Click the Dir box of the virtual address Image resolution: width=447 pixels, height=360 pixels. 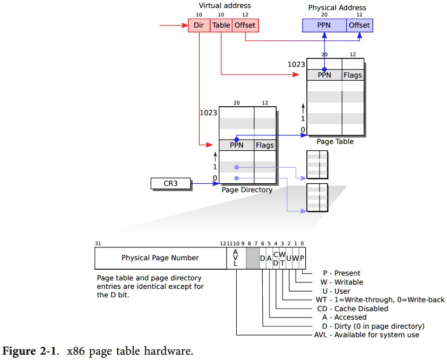pyautogui.click(x=199, y=25)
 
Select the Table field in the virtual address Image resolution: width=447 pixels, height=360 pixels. pyautogui.click(x=221, y=25)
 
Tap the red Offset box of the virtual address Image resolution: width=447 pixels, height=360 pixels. pyautogui.click(x=245, y=25)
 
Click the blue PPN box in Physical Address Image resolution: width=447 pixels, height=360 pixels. pyautogui.click(x=324, y=25)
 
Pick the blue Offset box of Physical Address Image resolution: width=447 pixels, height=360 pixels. pyautogui.click(x=359, y=25)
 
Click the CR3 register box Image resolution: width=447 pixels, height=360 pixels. pyautogui.click(x=170, y=184)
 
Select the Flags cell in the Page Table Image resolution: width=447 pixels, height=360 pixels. pyautogui.click(x=353, y=75)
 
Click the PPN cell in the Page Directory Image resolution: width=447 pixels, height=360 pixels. pyautogui.click(x=237, y=145)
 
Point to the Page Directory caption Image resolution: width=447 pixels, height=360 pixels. pyautogui.click(x=247, y=190)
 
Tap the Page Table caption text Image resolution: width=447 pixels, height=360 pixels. pyautogui.click(x=335, y=142)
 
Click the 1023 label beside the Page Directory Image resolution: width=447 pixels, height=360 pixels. pyautogui.click(x=208, y=113)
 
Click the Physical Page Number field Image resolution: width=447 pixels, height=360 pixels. pyautogui.click(x=160, y=258)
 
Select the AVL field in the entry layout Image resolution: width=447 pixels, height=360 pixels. pyautogui.click(x=236, y=258)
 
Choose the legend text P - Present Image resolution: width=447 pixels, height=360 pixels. pyautogui.click(x=340, y=273)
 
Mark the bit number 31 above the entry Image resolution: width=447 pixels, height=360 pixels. pyautogui.click(x=98, y=244)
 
